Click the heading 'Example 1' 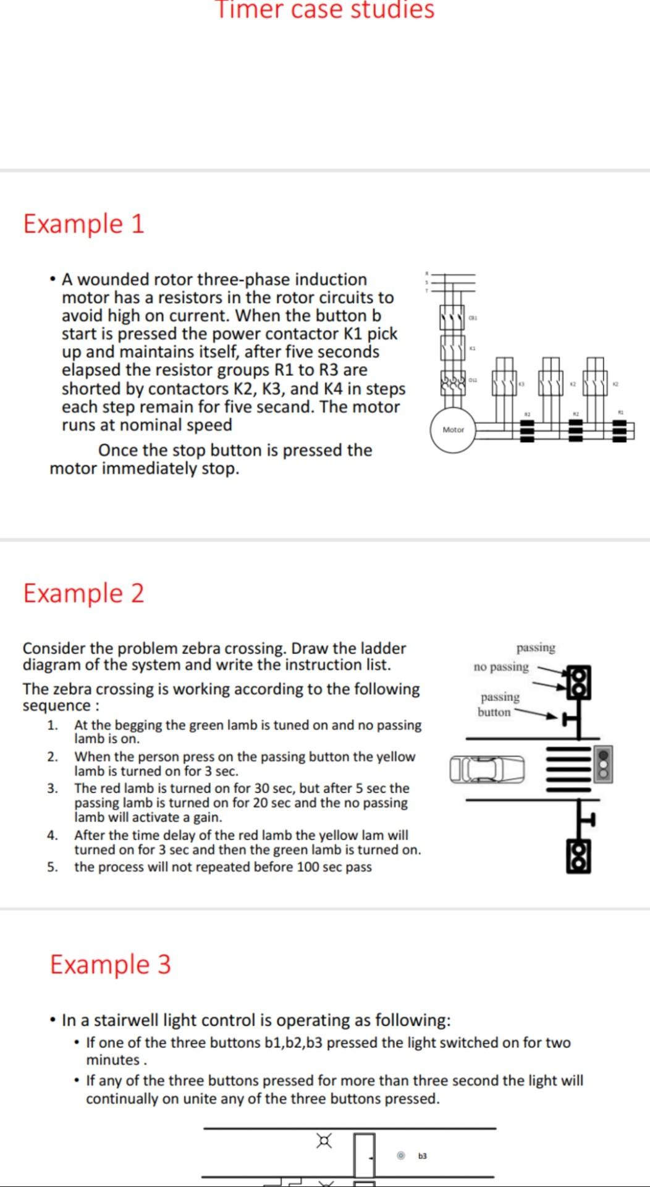pyautogui.click(x=83, y=223)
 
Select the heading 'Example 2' pyautogui.click(x=83, y=593)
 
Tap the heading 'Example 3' pyautogui.click(x=110, y=964)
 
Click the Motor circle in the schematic pyautogui.click(x=453, y=430)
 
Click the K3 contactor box pyautogui.click(x=504, y=384)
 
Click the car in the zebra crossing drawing pyautogui.click(x=487, y=769)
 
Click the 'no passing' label pyautogui.click(x=501, y=667)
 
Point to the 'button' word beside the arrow pyautogui.click(x=494, y=712)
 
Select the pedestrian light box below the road pyautogui.click(x=578, y=856)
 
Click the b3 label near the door pyautogui.click(x=423, y=1156)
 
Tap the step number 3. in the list pyautogui.click(x=53, y=789)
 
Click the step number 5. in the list pyautogui.click(x=53, y=867)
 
